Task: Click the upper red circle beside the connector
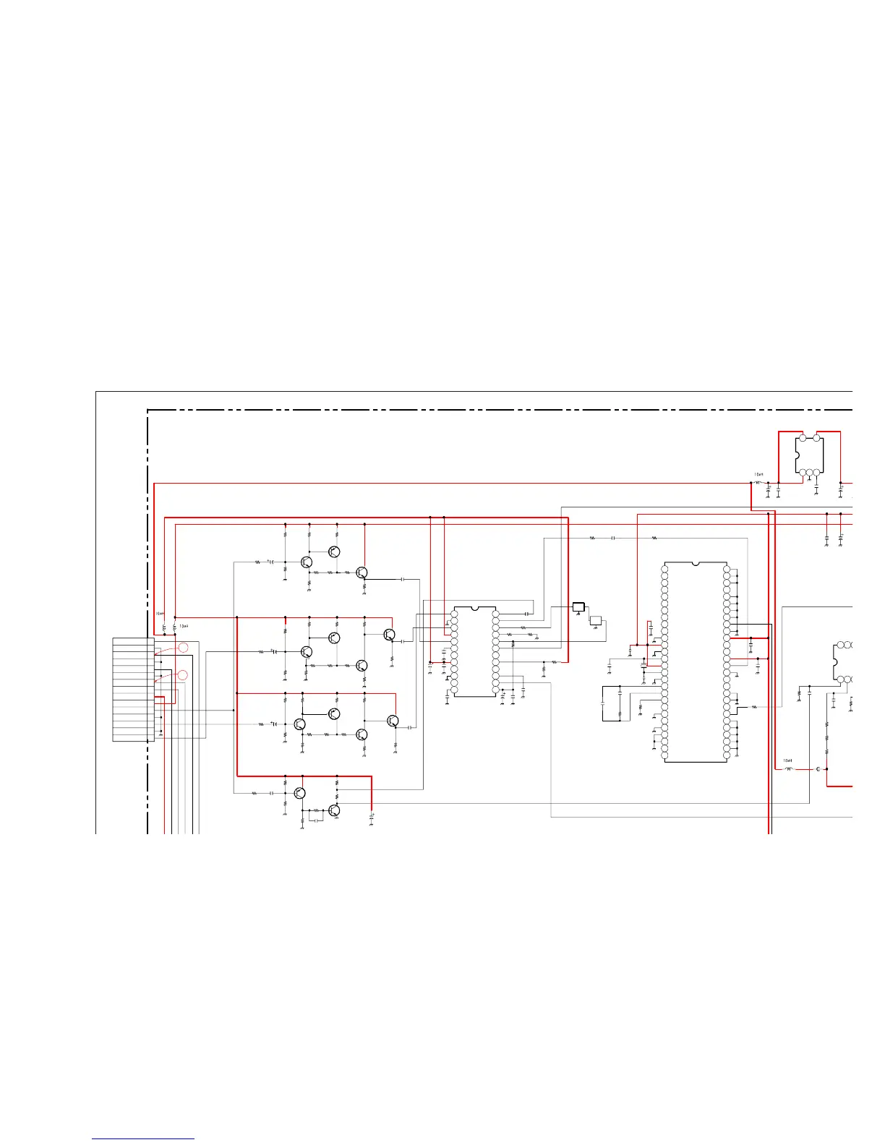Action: click(183, 648)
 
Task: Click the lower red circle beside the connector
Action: click(183, 675)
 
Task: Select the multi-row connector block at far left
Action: click(134, 690)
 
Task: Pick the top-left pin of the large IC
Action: click(665, 569)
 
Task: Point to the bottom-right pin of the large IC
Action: click(727, 755)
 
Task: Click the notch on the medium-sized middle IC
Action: click(475, 609)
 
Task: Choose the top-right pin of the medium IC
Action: click(495, 614)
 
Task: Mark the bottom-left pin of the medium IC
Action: click(454, 690)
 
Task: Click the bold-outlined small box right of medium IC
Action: click(578, 607)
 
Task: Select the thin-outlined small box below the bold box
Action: click(596, 620)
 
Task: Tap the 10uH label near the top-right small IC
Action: click(758, 475)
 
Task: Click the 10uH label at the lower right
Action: click(787, 760)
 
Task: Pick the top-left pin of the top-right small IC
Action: click(802, 438)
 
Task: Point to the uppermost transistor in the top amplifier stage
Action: click(334, 552)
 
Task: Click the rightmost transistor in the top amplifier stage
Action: click(362, 572)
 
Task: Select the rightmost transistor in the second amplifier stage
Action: click(390, 635)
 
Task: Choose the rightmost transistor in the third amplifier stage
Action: click(393, 721)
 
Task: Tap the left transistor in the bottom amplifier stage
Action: click(300, 793)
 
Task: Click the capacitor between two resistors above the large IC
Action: click(613, 538)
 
